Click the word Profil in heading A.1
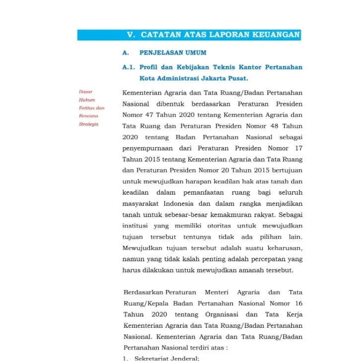pos(150,67)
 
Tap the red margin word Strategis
pos(88,124)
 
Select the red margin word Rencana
pos(88,116)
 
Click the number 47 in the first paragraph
pos(152,115)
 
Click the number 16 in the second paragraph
pos(298,303)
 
